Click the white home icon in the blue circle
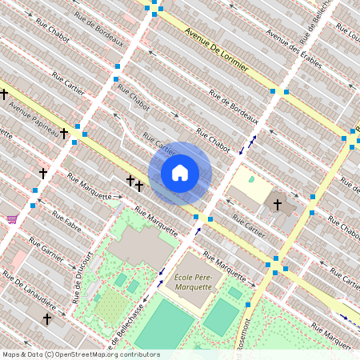pyautogui.click(x=180, y=173)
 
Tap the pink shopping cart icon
pyautogui.click(x=11, y=219)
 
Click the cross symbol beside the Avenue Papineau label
pyautogui.click(x=63, y=134)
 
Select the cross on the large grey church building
pyautogui.click(x=278, y=205)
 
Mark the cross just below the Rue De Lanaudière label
pyautogui.click(x=46, y=318)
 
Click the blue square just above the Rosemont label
pyautogui.click(x=249, y=305)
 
